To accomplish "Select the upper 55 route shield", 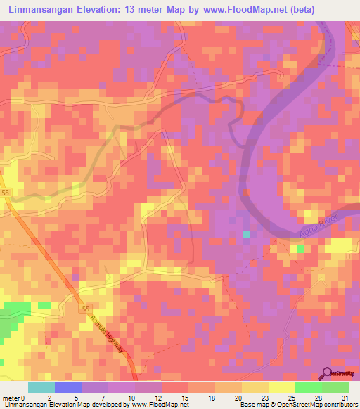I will (x=4, y=192).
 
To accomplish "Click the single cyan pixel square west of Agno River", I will (x=245, y=235).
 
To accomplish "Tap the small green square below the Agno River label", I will (x=301, y=249).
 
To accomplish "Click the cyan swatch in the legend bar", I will (x=41, y=387).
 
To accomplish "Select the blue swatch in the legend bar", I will (x=68, y=387).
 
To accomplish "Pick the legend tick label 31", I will (x=345, y=397).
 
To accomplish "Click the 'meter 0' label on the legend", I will (x=15, y=397).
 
